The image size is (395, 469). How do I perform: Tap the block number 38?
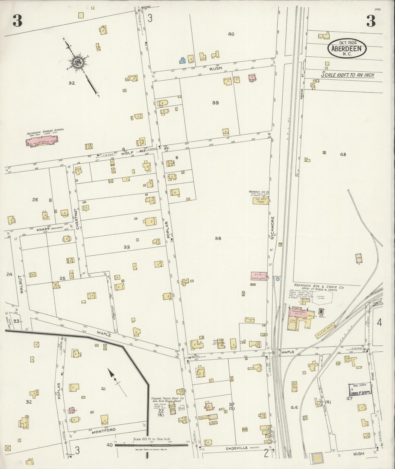[x=218, y=238]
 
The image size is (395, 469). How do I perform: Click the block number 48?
[x=343, y=154]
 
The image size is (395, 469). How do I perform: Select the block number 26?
[x=35, y=200]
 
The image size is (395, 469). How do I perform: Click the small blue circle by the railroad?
[x=278, y=279]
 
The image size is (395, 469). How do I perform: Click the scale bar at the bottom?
[x=152, y=445]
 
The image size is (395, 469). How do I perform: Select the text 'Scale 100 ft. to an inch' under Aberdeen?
[x=347, y=75]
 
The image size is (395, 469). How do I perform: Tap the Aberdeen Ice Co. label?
[x=259, y=192]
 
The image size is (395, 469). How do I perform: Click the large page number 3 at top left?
[x=17, y=21]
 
